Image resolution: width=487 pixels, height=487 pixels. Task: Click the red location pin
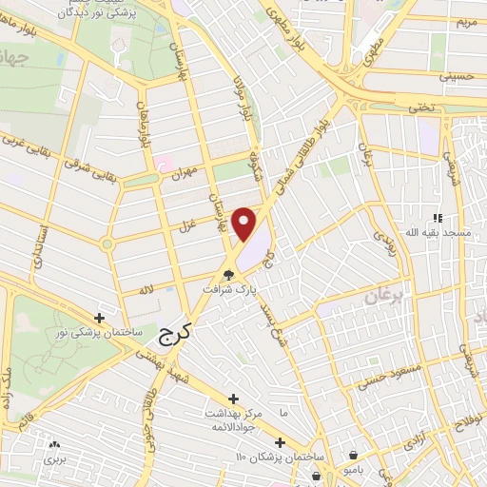(x=245, y=224)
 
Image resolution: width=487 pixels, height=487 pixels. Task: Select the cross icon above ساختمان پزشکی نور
(x=100, y=317)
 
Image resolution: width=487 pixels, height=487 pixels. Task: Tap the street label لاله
(x=146, y=289)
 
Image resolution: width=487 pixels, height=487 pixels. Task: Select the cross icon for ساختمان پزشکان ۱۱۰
(x=280, y=442)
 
